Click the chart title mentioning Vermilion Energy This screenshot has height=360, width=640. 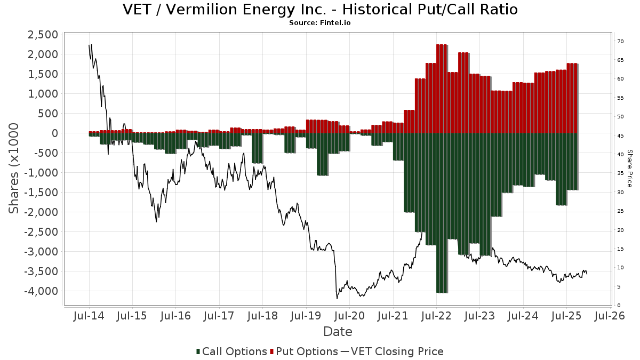(320, 10)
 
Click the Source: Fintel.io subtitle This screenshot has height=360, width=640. (320, 23)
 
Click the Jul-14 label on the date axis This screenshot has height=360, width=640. (89, 316)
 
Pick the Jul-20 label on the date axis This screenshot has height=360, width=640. (349, 316)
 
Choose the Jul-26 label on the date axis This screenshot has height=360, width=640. (610, 316)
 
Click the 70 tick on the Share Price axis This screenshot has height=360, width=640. (620, 41)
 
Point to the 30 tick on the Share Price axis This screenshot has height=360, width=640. (620, 193)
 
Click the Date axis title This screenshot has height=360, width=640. (338, 332)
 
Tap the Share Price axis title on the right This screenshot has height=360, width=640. (629, 168)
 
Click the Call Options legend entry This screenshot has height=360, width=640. (231, 351)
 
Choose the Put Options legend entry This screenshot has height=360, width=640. (305, 351)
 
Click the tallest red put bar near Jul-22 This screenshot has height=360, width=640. (441, 88)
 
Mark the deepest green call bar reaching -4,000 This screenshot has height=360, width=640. (441, 213)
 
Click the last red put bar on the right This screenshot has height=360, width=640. (572, 98)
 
